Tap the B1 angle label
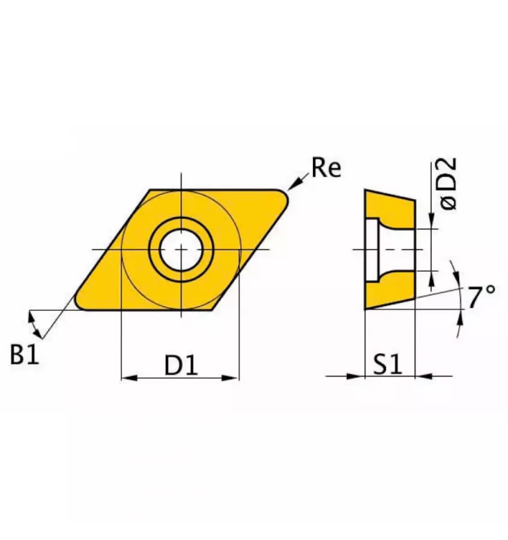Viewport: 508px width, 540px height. (25, 355)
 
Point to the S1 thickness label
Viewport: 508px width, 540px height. (389, 365)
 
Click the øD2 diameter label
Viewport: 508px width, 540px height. (448, 184)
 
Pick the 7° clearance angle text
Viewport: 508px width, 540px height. (482, 298)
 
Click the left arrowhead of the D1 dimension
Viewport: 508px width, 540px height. (129, 378)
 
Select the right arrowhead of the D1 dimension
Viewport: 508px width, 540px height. (232, 378)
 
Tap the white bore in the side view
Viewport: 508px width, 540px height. (393, 249)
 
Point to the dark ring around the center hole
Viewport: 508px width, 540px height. (181, 224)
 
